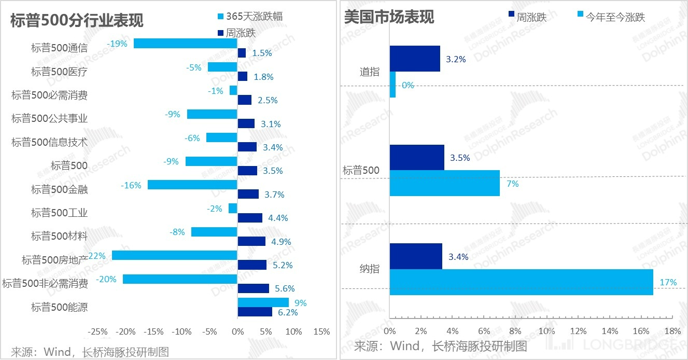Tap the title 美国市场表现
389,17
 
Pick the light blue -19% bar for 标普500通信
185,43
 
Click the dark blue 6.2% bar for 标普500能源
255,312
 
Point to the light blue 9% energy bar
263,302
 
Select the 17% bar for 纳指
521,282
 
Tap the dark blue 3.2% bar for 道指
414,59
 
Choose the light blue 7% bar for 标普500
444,183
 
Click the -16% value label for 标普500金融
131,185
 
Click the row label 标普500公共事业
50,118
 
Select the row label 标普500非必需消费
45,283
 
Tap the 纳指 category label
369,269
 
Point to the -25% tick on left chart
97,331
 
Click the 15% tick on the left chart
321,331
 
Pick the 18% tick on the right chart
672,331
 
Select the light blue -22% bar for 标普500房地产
174,255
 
